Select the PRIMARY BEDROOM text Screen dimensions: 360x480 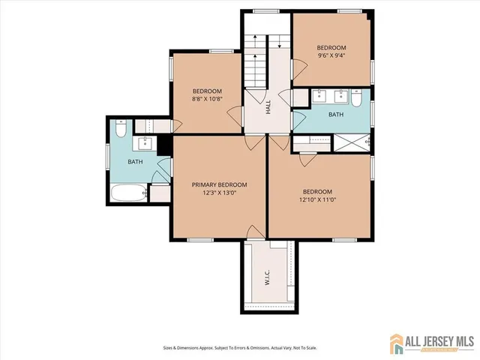(219, 184)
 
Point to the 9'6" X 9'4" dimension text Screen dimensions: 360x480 (331, 55)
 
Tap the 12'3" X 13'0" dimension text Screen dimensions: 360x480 (219, 193)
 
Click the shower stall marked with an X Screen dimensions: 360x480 (350, 141)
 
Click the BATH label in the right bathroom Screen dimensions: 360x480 (335, 115)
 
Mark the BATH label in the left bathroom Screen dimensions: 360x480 (135, 162)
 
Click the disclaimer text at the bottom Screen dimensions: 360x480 (239, 347)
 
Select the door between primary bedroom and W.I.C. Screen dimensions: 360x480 (255, 234)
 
